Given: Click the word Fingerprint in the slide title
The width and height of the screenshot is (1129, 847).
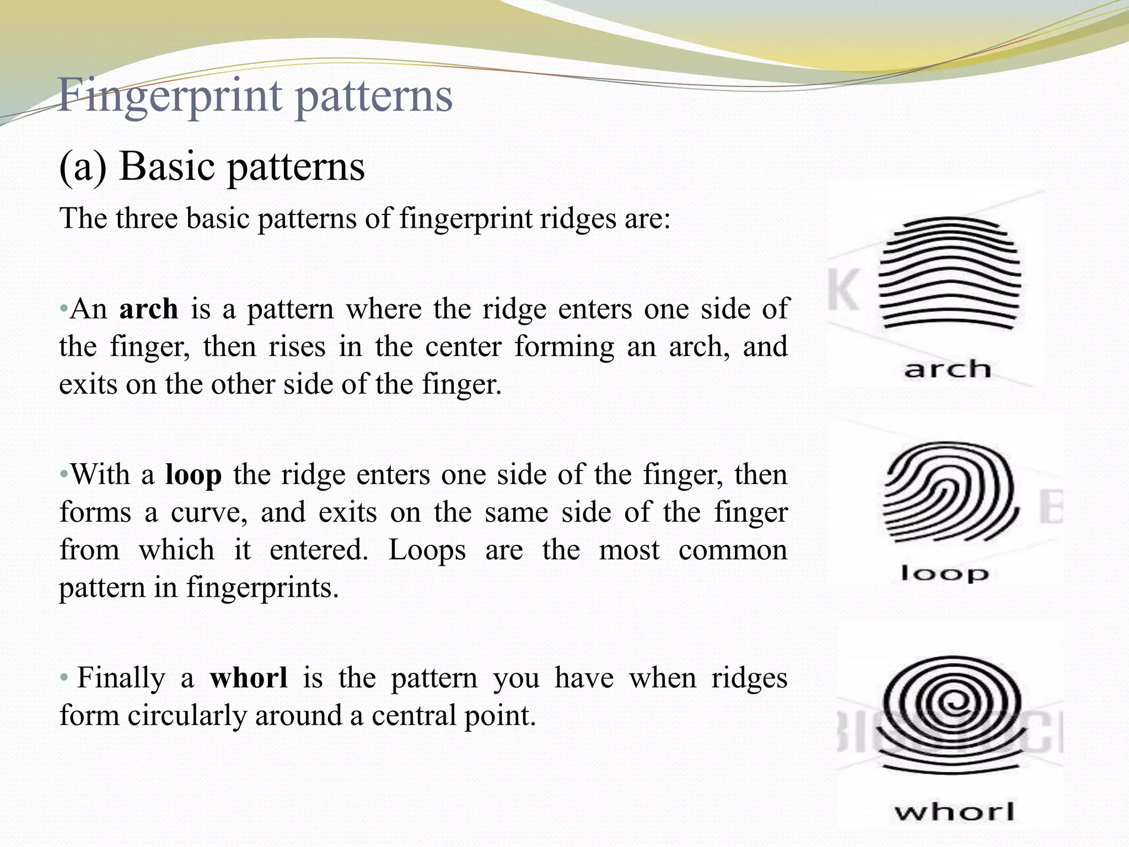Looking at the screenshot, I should pos(171,97).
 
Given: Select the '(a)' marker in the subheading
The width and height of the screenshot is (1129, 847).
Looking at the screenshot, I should pos(83,167).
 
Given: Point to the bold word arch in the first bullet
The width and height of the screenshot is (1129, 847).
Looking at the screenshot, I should pos(149,309).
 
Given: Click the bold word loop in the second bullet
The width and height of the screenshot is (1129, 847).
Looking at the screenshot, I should pos(193,475).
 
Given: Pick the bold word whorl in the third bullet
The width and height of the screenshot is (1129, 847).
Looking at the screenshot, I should pos(249,678).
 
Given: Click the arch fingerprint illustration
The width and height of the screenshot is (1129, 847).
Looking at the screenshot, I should pos(949,274).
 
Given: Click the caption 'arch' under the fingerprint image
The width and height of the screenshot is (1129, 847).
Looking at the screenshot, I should pos(947,369).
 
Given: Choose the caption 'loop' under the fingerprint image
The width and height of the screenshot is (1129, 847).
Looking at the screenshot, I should pos(945,573).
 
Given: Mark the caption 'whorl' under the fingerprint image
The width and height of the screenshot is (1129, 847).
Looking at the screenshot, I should pos(954,812).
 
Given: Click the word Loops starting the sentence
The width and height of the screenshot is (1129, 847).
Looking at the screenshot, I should pos(427,550).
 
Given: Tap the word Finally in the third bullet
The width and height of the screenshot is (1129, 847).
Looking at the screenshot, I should pos(121,678).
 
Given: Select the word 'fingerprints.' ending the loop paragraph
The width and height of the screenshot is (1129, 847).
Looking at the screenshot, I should pos(262,588).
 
